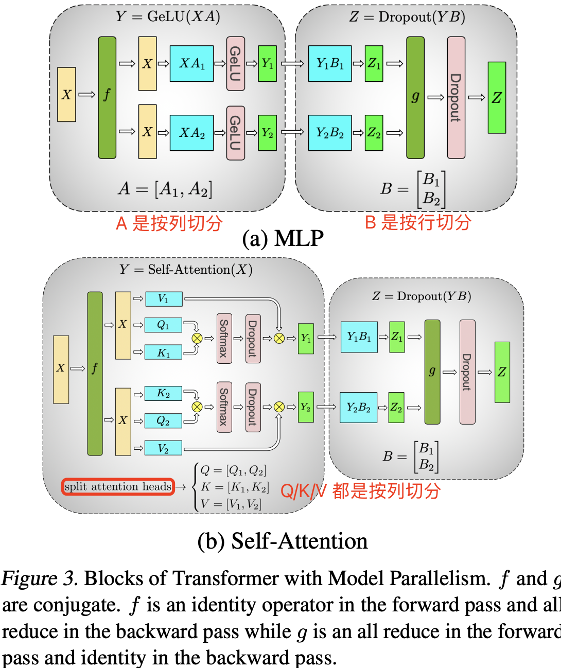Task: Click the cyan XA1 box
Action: tap(191, 63)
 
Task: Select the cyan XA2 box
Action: tap(191, 133)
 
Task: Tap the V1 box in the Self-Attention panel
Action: tap(164, 298)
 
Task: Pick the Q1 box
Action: tap(164, 325)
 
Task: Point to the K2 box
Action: tap(164, 394)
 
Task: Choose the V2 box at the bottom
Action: tap(164, 448)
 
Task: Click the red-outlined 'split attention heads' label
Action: tap(118, 487)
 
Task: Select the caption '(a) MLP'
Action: tap(283, 239)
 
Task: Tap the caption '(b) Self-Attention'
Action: tap(283, 541)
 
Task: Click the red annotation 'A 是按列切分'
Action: tap(169, 223)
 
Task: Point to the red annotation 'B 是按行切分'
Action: tap(418, 222)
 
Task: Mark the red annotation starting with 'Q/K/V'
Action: tap(360, 491)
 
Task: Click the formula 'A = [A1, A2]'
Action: tap(165, 189)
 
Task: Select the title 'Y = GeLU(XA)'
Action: tap(168, 16)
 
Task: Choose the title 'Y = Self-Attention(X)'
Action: tap(185, 270)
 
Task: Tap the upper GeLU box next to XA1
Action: tap(235, 63)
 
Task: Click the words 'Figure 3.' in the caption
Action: tap(39, 578)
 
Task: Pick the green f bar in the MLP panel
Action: tap(107, 97)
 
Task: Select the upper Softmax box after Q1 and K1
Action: tap(224, 338)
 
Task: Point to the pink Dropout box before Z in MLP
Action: tap(456, 97)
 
